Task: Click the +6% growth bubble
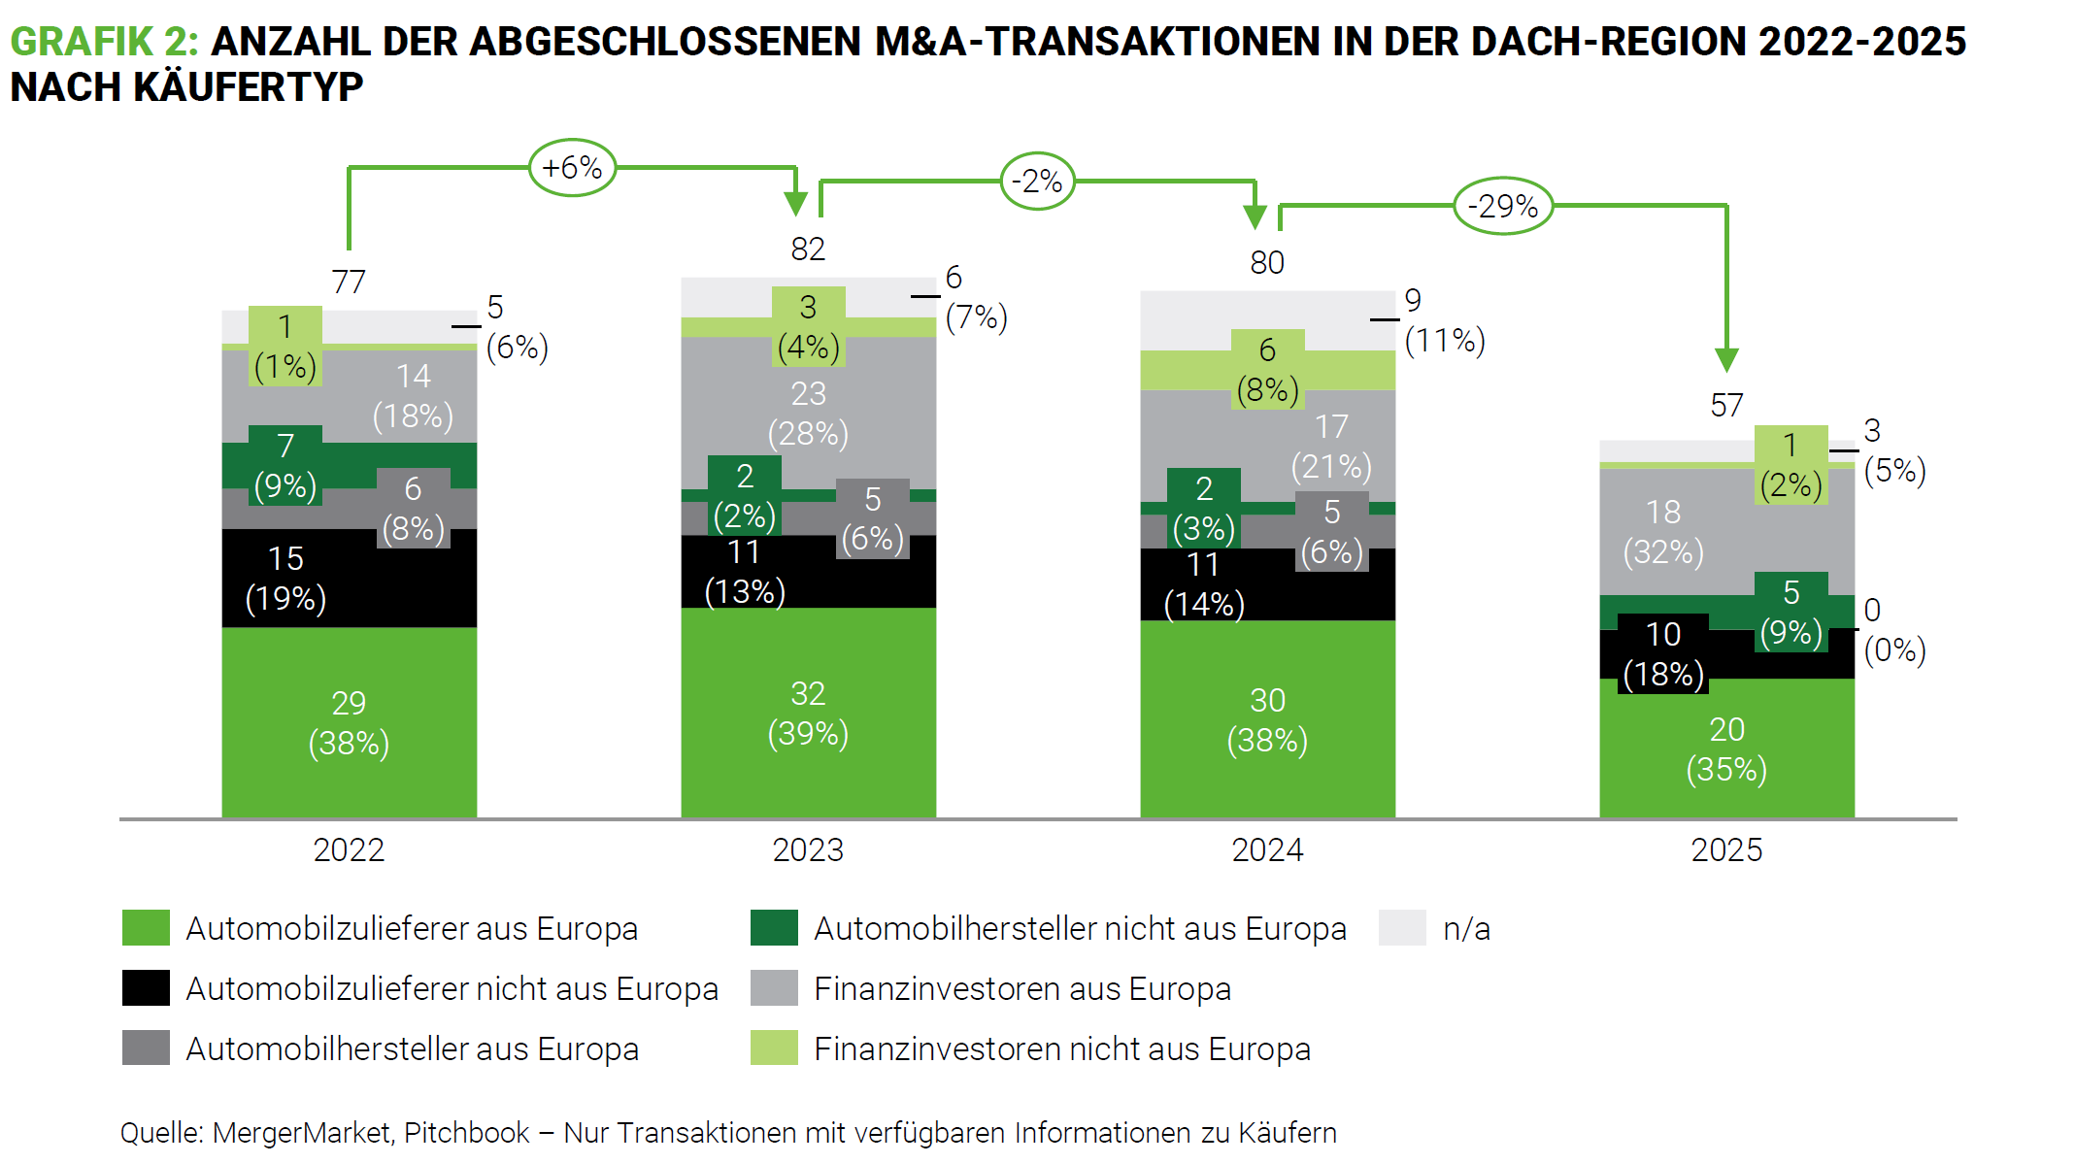coord(572,168)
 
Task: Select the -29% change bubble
coord(1502,206)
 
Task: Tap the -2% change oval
coord(1037,182)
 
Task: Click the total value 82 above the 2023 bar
coord(808,249)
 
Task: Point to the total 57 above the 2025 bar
coord(1726,405)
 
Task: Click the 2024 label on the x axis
coord(1267,850)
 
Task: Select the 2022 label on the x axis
coord(349,850)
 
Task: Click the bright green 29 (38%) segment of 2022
coord(349,723)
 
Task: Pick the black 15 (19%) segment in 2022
coord(285,579)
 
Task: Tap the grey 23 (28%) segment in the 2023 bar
coord(808,413)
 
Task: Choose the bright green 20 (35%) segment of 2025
coord(1726,749)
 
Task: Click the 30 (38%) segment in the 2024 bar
coord(1267,720)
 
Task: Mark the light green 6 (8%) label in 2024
coord(1267,370)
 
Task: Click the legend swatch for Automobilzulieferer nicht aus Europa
coord(146,988)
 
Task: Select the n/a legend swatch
coord(1402,928)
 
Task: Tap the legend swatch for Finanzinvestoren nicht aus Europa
coord(774,1048)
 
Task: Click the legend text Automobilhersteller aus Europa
coord(412,1049)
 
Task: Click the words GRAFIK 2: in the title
coord(104,42)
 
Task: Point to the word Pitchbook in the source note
coord(466,1133)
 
